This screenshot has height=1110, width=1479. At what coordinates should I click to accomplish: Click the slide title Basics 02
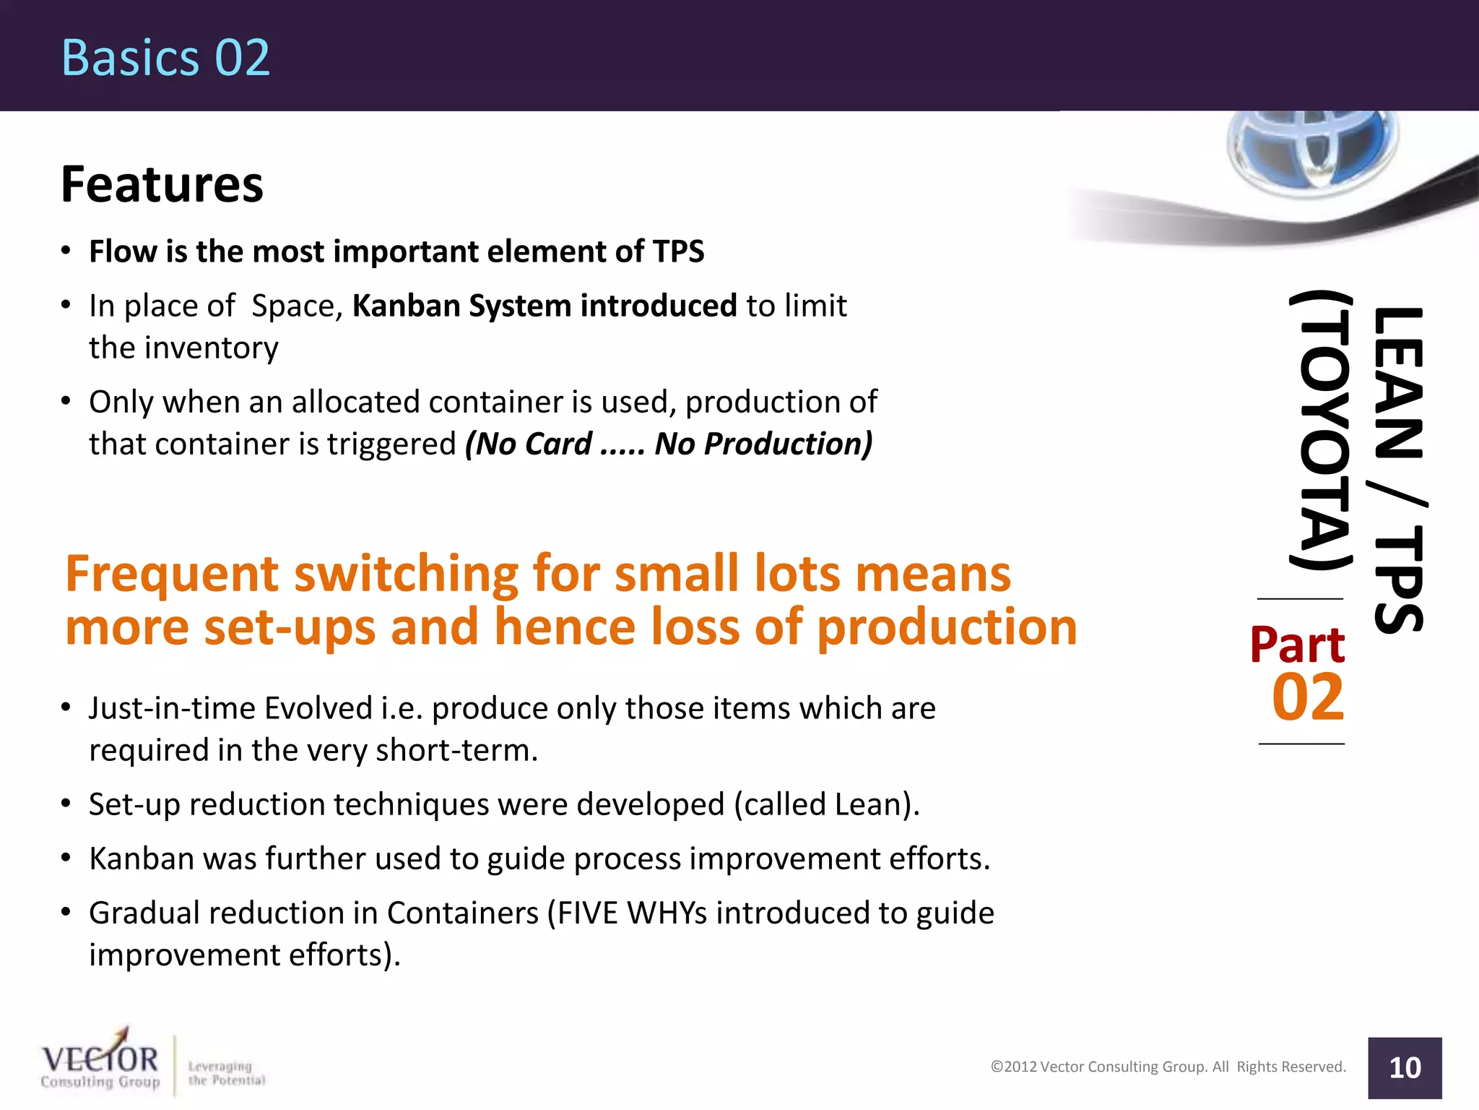[165, 58]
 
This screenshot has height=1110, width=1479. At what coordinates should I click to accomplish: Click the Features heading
[162, 184]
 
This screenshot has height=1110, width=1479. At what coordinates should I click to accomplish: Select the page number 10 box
[1404, 1067]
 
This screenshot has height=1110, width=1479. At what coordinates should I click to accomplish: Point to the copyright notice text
[1168, 1067]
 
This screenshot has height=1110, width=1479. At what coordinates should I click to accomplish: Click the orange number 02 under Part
[1308, 698]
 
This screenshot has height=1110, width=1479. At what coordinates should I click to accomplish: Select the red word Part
[1298, 645]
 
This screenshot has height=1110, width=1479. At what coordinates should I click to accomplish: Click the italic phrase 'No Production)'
[763, 444]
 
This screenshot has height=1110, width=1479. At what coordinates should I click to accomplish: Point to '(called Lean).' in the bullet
[827, 804]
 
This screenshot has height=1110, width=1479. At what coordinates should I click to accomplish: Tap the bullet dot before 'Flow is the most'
[66, 251]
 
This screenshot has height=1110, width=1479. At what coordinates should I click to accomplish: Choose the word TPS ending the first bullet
[677, 251]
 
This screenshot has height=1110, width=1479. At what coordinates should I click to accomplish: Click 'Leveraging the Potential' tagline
[226, 1073]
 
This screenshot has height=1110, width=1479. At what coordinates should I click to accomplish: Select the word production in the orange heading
[947, 627]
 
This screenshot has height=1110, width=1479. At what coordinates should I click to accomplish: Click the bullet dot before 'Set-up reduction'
[66, 804]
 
